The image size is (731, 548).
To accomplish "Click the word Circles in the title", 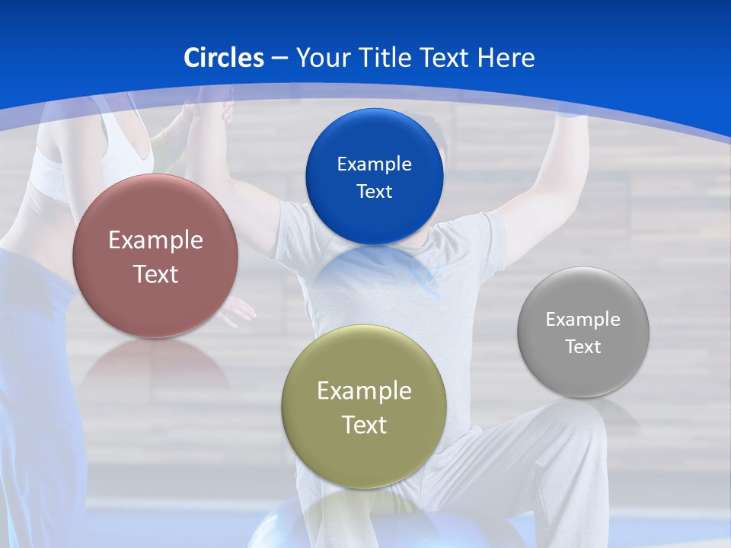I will [223, 58].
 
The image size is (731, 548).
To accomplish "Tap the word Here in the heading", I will [506, 58].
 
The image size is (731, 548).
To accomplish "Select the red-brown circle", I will [155, 304].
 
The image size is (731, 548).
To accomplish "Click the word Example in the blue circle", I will [374, 164].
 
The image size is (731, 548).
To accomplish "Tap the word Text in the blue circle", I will [374, 191].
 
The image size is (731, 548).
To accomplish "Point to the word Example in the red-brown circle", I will [155, 241].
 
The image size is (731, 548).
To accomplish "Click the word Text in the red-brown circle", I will [155, 274].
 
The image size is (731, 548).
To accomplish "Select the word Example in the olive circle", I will [364, 391].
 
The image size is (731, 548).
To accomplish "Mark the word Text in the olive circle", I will [364, 425].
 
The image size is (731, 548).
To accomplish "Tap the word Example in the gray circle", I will [583, 320].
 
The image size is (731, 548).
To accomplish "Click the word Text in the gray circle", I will [583, 347].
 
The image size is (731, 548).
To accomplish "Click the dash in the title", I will [279, 59].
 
